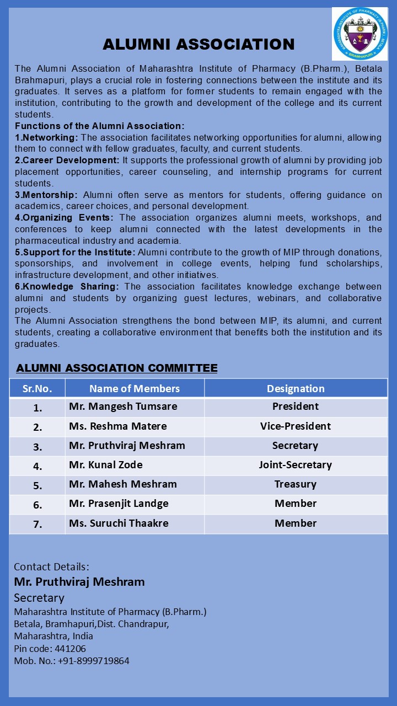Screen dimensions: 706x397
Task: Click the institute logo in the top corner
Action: (360, 34)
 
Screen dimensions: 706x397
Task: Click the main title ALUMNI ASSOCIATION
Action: (198, 45)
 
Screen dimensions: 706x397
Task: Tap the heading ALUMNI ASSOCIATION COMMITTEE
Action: (117, 368)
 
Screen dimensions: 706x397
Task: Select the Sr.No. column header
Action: (37, 388)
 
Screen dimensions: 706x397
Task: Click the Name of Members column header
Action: (135, 388)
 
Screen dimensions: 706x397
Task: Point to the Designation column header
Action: (296, 388)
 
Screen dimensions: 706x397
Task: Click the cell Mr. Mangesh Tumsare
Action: (123, 407)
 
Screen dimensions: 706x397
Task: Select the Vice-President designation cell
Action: (296, 426)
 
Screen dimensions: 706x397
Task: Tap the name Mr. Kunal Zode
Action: (106, 465)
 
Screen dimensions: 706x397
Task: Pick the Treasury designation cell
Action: (296, 484)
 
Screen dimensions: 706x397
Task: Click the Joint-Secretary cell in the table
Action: (296, 465)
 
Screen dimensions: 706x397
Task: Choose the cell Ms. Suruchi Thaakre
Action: (119, 523)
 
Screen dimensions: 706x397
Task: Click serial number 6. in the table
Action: (37, 505)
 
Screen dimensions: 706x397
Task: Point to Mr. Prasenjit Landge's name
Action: (119, 504)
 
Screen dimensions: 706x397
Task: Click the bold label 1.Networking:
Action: (46, 137)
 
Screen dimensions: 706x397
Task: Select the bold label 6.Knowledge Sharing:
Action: (67, 286)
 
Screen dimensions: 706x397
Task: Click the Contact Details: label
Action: (51, 566)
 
